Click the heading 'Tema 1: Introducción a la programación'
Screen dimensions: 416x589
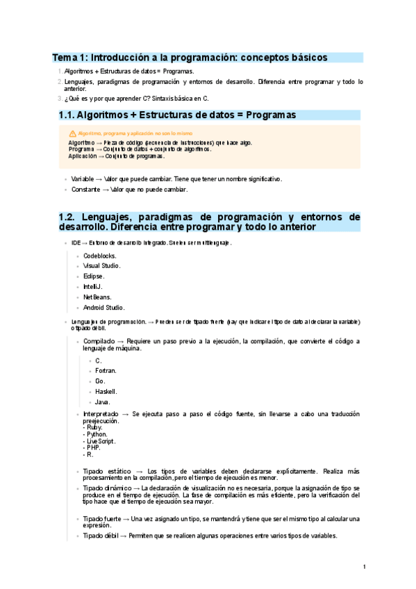click(x=190, y=58)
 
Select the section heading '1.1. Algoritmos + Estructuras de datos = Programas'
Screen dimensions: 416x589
click(x=177, y=115)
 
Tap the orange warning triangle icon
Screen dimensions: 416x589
click(x=72, y=133)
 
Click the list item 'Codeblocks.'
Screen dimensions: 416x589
click(x=99, y=256)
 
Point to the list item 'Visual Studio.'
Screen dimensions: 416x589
click(x=101, y=266)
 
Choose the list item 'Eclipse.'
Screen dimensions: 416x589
click(x=94, y=276)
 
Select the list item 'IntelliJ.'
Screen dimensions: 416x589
click(x=94, y=287)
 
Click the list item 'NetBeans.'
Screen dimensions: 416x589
click(x=97, y=297)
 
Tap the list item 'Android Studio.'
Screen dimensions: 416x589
click(x=103, y=308)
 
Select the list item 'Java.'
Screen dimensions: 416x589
click(x=103, y=402)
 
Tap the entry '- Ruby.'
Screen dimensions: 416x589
click(x=94, y=427)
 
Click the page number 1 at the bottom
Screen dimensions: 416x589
click(x=364, y=567)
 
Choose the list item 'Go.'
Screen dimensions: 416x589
click(x=100, y=381)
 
